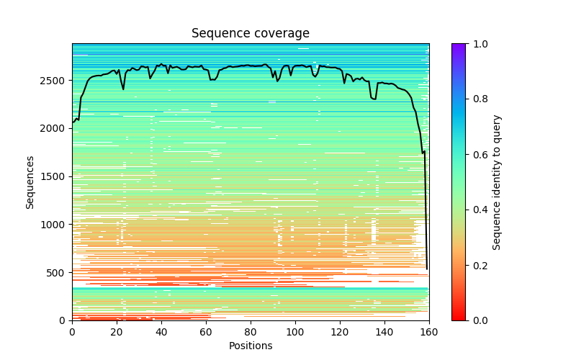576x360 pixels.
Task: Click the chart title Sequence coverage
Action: pos(251,34)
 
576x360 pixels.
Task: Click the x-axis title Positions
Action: pos(251,346)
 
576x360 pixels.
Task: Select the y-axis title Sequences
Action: pos(30,181)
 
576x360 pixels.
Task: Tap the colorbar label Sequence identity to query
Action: pos(497,181)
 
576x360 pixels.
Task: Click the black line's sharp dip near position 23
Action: pos(123,89)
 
